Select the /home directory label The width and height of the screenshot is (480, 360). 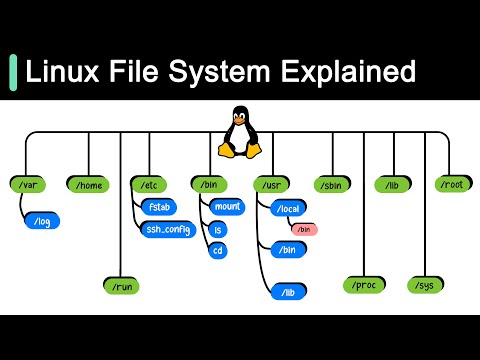point(88,185)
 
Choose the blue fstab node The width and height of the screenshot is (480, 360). point(157,207)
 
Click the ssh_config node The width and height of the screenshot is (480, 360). point(167,229)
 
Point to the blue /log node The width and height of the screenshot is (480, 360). point(41,220)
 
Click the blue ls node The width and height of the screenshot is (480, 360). point(215,229)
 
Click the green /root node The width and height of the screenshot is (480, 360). point(453,184)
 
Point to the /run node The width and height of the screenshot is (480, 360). point(121,286)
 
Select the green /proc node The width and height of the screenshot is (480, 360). point(361,286)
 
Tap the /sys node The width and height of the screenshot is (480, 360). point(424,286)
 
